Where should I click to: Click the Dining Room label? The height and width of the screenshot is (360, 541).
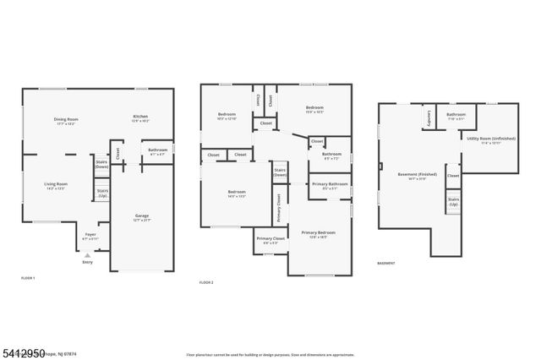click(65, 121)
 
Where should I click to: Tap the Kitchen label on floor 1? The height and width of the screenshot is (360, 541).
click(140, 118)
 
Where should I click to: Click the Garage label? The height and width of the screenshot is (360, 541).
click(142, 217)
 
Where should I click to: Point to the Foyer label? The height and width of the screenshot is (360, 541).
click(90, 237)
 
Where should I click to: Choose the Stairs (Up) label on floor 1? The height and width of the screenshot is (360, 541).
click(102, 193)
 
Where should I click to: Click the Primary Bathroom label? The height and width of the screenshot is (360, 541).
click(330, 186)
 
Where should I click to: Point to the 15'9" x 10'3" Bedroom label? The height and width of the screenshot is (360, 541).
click(314, 109)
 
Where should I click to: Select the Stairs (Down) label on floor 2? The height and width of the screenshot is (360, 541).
click(280, 172)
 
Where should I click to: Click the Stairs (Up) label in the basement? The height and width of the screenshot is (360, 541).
click(453, 202)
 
